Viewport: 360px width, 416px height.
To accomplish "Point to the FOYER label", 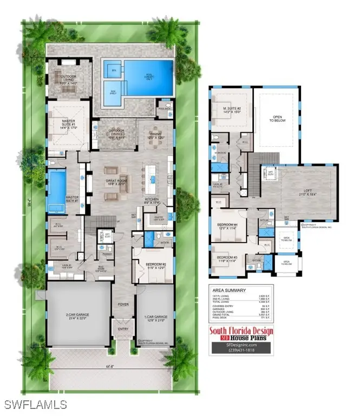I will pyautogui.click(x=124, y=304).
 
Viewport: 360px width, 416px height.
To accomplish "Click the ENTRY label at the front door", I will pyautogui.click(x=124, y=328).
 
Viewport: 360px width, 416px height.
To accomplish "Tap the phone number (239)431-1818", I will pyautogui.click(x=241, y=350).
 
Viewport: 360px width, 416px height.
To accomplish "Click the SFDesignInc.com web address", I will pyautogui.click(x=241, y=343).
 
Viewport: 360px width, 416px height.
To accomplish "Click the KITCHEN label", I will pyautogui.click(x=151, y=199).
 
